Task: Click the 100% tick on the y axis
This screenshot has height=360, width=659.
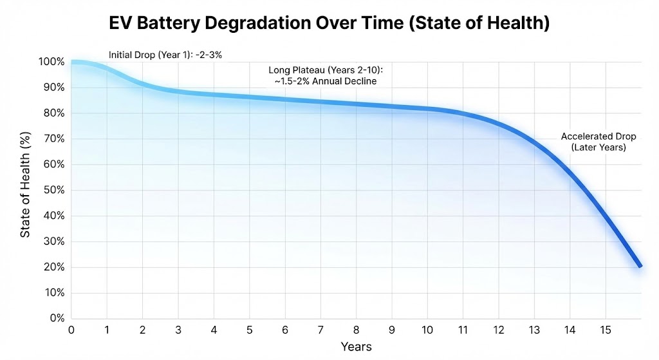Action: [51, 62]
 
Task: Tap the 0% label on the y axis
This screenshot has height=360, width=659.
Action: [56, 318]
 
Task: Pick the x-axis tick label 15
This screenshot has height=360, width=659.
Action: [604, 330]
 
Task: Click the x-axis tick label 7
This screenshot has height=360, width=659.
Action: [320, 330]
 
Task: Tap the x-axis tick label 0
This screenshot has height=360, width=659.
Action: [71, 330]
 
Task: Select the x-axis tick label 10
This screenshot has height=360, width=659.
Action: [427, 330]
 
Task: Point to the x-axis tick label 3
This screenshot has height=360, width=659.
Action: [178, 330]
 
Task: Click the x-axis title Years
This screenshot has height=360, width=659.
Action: [356, 346]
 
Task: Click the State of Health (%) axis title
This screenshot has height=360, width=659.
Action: [25, 190]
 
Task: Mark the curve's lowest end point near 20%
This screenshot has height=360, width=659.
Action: [639, 265]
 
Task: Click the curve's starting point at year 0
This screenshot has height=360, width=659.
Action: [72, 62]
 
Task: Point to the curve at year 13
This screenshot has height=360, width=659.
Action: [534, 140]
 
